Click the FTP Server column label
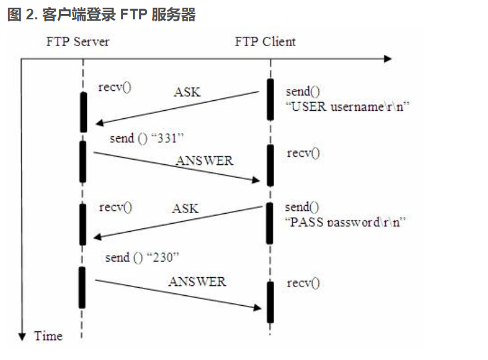pos(78,41)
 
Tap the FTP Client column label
pos(265,41)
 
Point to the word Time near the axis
pos(48,336)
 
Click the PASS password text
pos(346,222)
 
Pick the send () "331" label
pos(147,138)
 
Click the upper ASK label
pos(187,92)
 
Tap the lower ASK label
pos(185,209)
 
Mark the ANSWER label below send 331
pos(205,160)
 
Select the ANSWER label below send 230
pos(197,281)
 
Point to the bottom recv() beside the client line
pos(303,283)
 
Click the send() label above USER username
pos(302,91)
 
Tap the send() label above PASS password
pos(302,207)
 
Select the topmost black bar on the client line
pos(270,99)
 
